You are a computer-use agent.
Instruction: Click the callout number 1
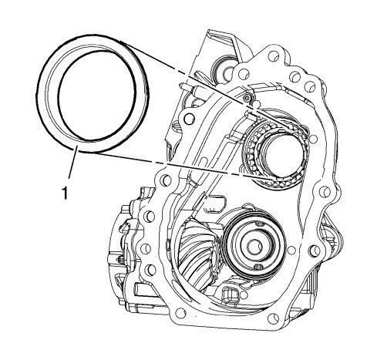(66, 193)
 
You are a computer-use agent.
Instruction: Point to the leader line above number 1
(72, 162)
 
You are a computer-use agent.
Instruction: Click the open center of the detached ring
(96, 96)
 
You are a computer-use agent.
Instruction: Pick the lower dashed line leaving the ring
(175, 165)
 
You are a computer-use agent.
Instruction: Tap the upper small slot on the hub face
(260, 224)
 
